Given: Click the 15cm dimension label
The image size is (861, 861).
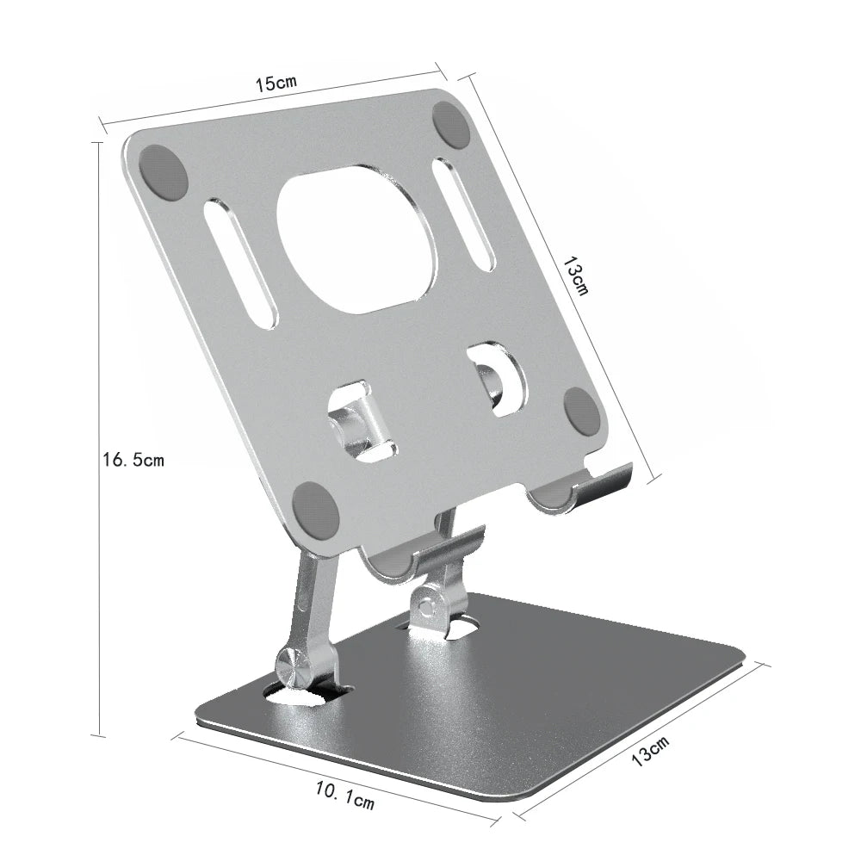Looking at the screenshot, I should pyautogui.click(x=276, y=84).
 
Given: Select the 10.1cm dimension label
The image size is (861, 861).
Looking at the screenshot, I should pyautogui.click(x=345, y=795).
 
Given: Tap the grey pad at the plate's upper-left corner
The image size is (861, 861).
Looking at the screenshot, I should pyautogui.click(x=163, y=172).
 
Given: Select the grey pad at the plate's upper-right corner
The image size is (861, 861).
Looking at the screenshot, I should pyautogui.click(x=450, y=125).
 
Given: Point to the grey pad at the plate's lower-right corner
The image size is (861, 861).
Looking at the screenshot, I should pyautogui.click(x=583, y=410).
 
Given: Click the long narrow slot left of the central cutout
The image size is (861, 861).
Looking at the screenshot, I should pyautogui.click(x=241, y=263).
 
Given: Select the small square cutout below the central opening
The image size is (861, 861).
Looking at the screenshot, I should pyautogui.click(x=362, y=423).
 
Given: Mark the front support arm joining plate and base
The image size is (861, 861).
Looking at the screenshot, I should pyautogui.click(x=311, y=603).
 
